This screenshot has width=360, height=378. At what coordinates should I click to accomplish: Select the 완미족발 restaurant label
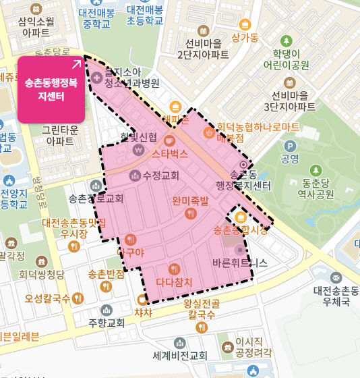190,200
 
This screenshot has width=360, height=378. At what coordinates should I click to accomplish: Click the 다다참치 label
174,281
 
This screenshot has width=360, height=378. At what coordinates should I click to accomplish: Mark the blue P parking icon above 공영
291,146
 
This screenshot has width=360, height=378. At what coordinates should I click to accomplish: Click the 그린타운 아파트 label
61,136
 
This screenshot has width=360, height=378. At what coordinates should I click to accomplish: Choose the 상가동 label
244,38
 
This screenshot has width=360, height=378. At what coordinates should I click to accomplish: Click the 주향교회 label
107,323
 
